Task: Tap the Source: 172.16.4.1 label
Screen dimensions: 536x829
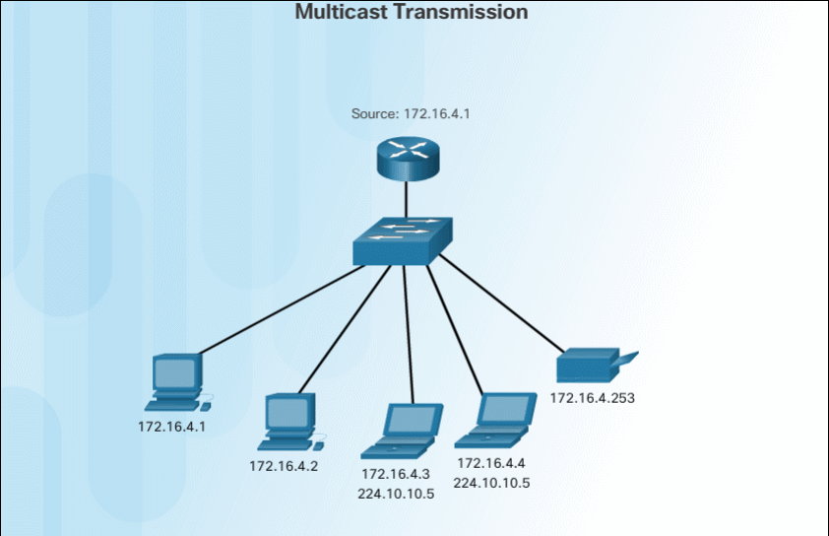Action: coord(411,113)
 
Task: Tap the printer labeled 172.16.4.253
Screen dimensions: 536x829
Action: coord(592,367)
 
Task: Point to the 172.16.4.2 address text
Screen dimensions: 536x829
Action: coord(284,465)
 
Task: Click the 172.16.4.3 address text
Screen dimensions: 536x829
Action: coord(396,475)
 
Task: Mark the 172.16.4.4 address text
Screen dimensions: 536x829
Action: coord(491,463)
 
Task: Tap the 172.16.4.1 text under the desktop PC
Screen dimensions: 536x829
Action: coord(172,427)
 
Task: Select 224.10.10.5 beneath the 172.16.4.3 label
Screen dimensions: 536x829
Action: coord(396,494)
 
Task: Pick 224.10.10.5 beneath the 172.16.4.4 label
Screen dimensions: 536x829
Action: coord(491,483)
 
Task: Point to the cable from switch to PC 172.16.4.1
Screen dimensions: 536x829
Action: coord(286,308)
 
